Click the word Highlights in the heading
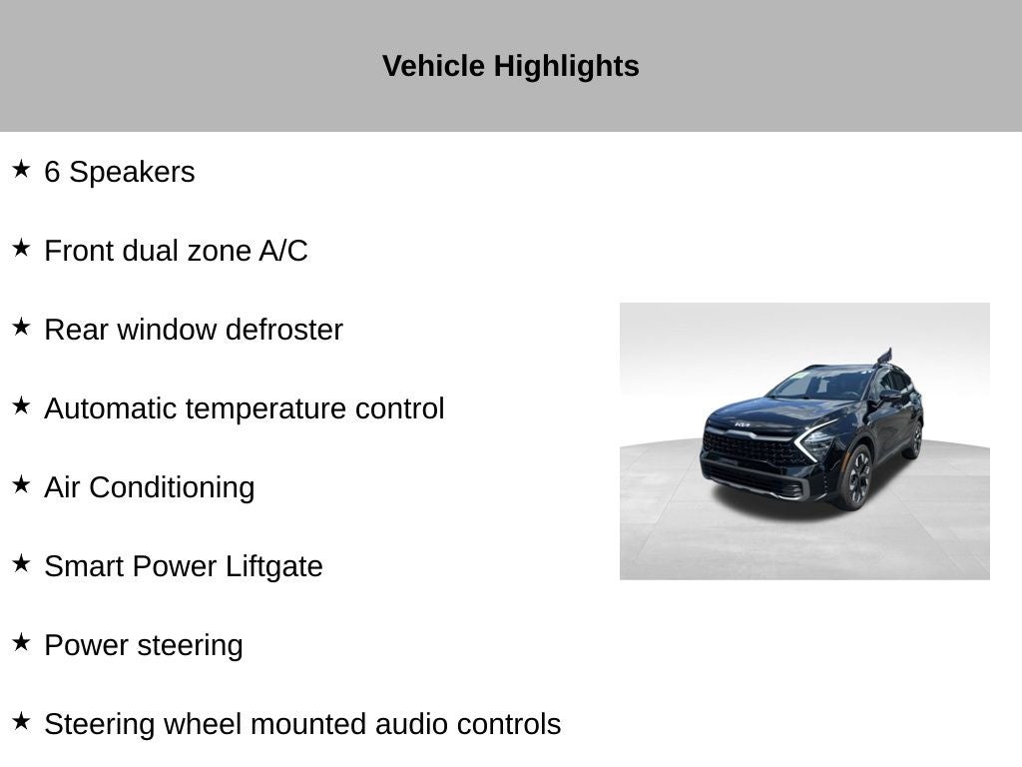point(566,67)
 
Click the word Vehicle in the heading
point(433,66)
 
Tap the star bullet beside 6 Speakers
point(21,169)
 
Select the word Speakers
point(133,172)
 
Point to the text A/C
point(282,251)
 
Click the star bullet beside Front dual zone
point(21,248)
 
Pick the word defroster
point(284,330)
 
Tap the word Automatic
point(111,408)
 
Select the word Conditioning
point(172,488)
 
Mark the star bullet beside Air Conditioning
point(21,484)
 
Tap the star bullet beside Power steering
point(21,642)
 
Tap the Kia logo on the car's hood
point(743,424)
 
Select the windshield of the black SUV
point(821,384)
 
